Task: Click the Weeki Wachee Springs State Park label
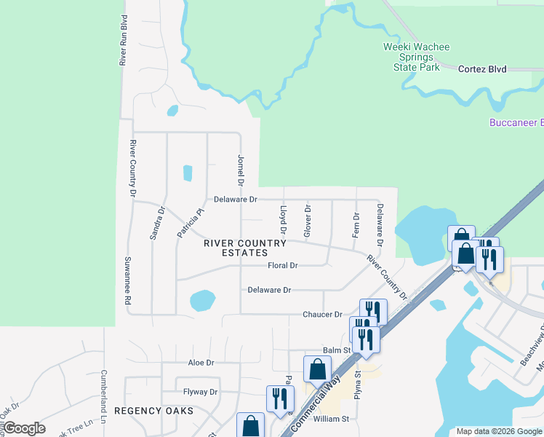[x=417, y=57]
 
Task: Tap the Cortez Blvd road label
[x=482, y=69]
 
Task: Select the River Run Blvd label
[x=124, y=41]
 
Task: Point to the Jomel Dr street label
[x=240, y=169]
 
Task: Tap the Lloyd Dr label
[x=284, y=219]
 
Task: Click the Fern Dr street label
[x=356, y=225]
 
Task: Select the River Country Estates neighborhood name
[x=235, y=248]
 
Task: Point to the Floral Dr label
[x=283, y=266]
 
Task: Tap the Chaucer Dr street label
[x=322, y=315]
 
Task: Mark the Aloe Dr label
[x=201, y=362]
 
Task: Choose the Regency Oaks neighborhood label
[x=154, y=411]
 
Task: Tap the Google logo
[x=24, y=428]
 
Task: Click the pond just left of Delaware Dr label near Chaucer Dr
[x=202, y=299]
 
